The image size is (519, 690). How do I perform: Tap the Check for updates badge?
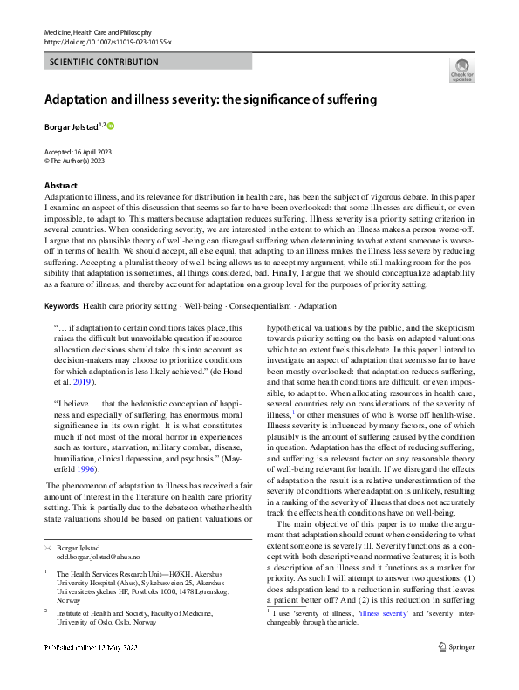pos(461,70)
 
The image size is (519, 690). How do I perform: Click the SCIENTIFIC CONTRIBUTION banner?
pos(105,62)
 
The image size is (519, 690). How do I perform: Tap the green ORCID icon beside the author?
pos(111,126)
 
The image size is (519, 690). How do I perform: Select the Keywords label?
pos(61,307)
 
